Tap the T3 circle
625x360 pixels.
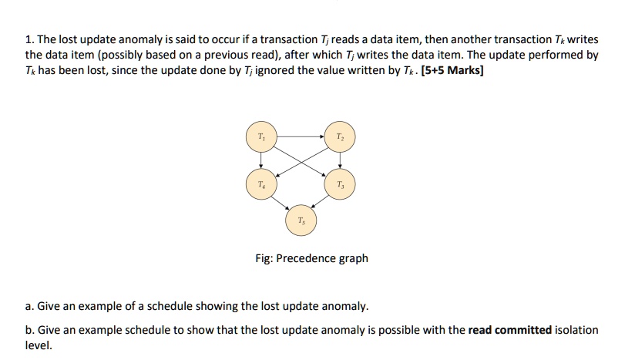(339, 185)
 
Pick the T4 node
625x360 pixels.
(261, 185)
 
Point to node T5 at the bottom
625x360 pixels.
(301, 221)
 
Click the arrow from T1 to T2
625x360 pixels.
(300, 135)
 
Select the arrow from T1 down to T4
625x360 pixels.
(261, 160)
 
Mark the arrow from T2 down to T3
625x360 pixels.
(339, 160)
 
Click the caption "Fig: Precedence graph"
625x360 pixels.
(311, 258)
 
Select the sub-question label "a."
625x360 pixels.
(30, 307)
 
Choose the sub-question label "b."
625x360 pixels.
(30, 330)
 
